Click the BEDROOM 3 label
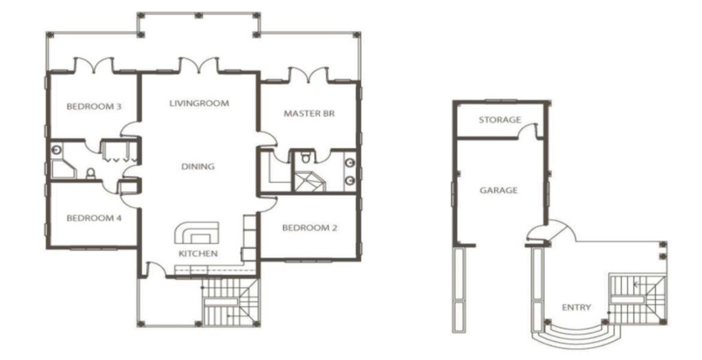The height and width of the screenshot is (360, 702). point(94,106)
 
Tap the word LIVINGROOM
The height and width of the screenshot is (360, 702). point(199,104)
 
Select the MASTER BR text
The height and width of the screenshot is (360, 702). point(309,114)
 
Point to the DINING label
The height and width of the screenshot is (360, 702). point(198,167)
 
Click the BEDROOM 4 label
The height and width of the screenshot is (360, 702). point(94,219)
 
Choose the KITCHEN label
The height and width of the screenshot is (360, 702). point(198,254)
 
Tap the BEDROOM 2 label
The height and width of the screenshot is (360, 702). point(310,228)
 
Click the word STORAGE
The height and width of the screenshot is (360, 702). point(500,120)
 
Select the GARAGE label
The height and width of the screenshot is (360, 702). point(499,191)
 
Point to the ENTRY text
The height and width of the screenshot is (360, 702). point(576,308)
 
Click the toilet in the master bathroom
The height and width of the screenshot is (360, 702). point(306,158)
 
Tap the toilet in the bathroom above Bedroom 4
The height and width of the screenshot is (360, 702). point(90,173)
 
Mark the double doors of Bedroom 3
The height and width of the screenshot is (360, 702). point(93,65)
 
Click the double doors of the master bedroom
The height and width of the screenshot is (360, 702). point(308,75)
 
